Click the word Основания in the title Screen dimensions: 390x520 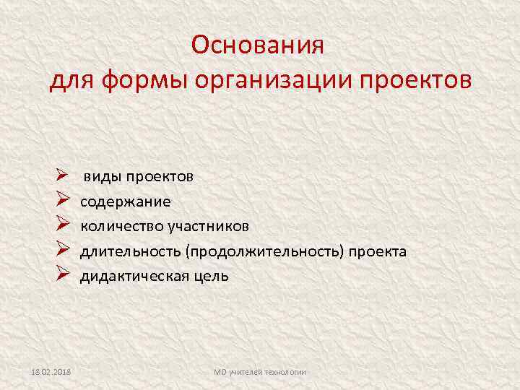(259, 45)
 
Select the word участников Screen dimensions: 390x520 (209, 227)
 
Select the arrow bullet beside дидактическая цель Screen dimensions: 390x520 (61, 275)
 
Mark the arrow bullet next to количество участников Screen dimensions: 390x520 (61, 227)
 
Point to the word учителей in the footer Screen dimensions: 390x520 (245, 372)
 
